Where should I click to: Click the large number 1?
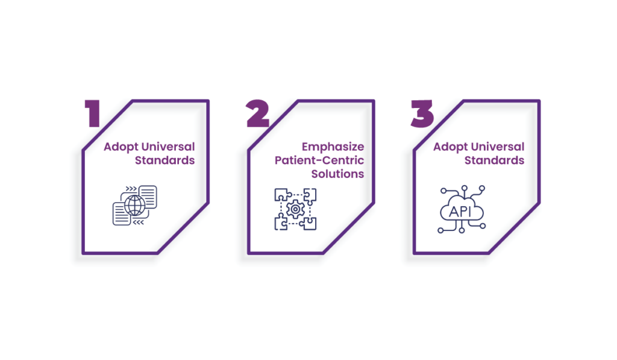pyautogui.click(x=93, y=113)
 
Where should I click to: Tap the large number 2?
pyautogui.click(x=258, y=113)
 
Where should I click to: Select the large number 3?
pyautogui.click(x=422, y=113)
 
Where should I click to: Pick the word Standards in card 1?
pyautogui.click(x=165, y=160)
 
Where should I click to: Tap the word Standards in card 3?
pyautogui.click(x=494, y=160)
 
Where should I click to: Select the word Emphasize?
pyautogui.click(x=333, y=147)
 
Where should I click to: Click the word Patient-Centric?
pyautogui.click(x=319, y=160)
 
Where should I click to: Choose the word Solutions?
pyautogui.click(x=337, y=174)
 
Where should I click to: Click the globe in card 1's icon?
pyautogui.click(x=135, y=205)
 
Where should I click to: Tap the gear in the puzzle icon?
pyautogui.click(x=295, y=209)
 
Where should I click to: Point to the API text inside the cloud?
pyautogui.click(x=460, y=212)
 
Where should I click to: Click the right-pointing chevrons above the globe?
pyautogui.click(x=131, y=189)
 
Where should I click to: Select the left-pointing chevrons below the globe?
pyautogui.click(x=138, y=223)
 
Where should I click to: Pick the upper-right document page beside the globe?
pyautogui.click(x=148, y=197)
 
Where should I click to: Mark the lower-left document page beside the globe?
pyautogui.click(x=122, y=214)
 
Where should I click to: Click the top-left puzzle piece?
pyautogui.click(x=282, y=195)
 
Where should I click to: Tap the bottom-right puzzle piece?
pyautogui.click(x=308, y=223)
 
